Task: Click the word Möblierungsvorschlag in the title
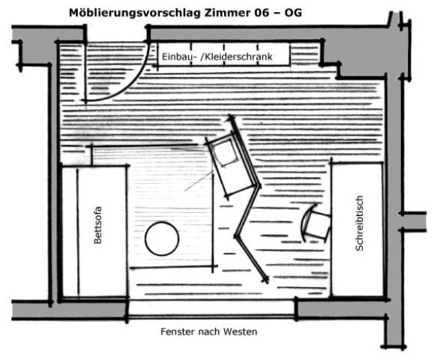coord(135,13)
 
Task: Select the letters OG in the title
coord(293,13)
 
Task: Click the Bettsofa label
coord(97,225)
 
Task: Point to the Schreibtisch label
coord(359,223)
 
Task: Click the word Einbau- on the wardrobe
coord(179,57)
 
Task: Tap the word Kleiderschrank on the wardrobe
coord(238,57)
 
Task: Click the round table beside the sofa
coord(162,238)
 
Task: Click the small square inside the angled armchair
coord(226,153)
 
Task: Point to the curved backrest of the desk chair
coord(305,223)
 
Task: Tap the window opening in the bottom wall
coord(211,309)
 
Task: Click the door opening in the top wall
coord(117,34)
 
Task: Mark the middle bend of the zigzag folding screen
coord(237,236)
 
